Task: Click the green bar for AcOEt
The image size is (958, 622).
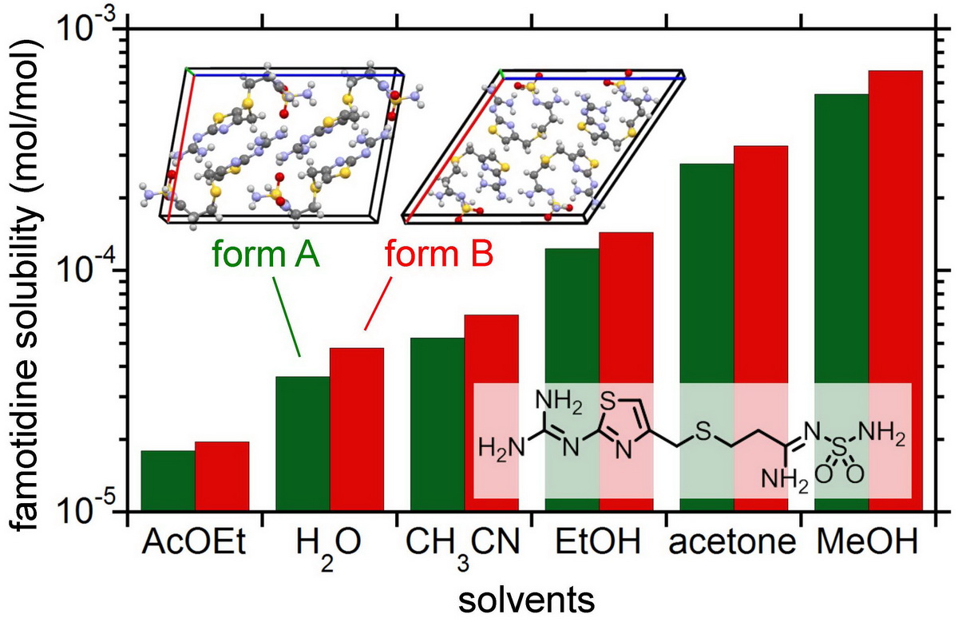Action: tap(168, 481)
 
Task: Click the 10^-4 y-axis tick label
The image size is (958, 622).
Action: tap(85, 272)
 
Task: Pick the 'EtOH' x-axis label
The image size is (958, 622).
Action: tap(599, 544)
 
